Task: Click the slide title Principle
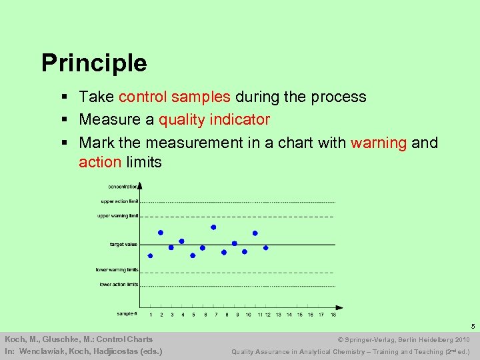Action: [94, 63]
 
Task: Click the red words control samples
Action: [175, 97]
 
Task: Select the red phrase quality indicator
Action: [214, 120]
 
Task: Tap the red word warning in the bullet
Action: [379, 143]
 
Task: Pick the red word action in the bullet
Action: [100, 163]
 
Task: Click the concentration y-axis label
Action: [123, 187]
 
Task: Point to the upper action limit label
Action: [119, 201]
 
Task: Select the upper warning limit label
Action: [118, 216]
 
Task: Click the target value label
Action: [123, 245]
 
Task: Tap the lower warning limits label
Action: [117, 270]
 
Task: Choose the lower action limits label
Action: [119, 285]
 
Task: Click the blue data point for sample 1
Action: [150, 255]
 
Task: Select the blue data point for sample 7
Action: [213, 227]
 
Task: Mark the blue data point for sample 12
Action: [265, 247]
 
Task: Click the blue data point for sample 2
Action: [161, 233]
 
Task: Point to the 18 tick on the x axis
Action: [333, 315]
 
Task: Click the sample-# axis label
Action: [127, 313]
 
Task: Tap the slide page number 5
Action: [472, 327]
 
